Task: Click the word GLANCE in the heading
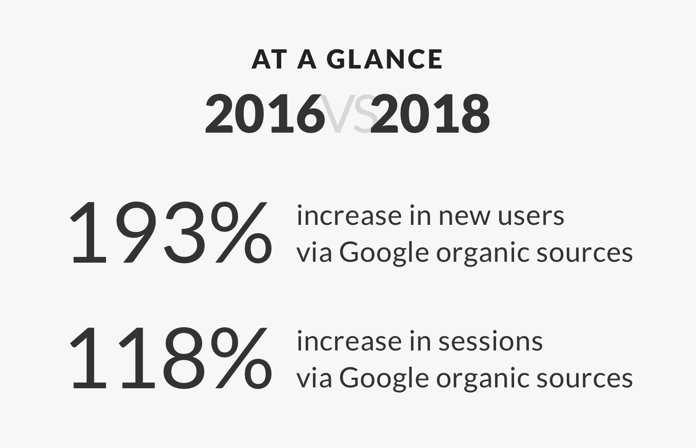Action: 384,59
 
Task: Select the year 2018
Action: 431,114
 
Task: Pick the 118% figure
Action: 170,358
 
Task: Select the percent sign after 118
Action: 241,358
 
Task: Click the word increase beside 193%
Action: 349,216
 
